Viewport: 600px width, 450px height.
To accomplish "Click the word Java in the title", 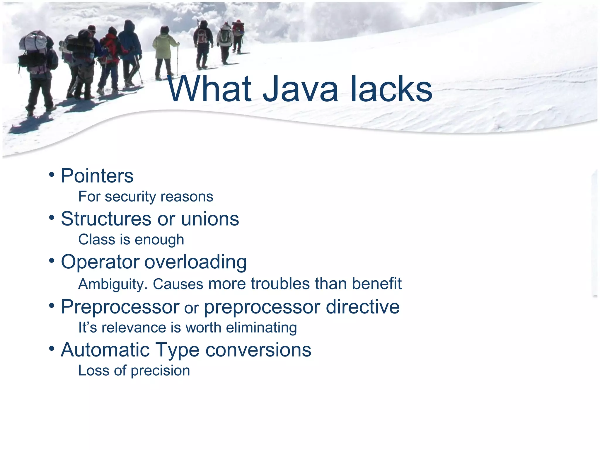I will tap(300, 89).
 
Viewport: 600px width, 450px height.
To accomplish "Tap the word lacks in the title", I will tap(391, 89).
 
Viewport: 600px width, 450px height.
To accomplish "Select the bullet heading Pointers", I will tap(97, 176).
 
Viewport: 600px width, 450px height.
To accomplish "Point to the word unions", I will tap(210, 219).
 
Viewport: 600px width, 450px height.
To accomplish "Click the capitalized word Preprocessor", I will tap(120, 307).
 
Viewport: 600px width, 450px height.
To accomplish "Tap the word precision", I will tap(160, 371).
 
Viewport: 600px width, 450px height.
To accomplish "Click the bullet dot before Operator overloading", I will tap(52, 260).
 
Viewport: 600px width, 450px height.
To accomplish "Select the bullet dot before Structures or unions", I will tap(52, 217).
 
